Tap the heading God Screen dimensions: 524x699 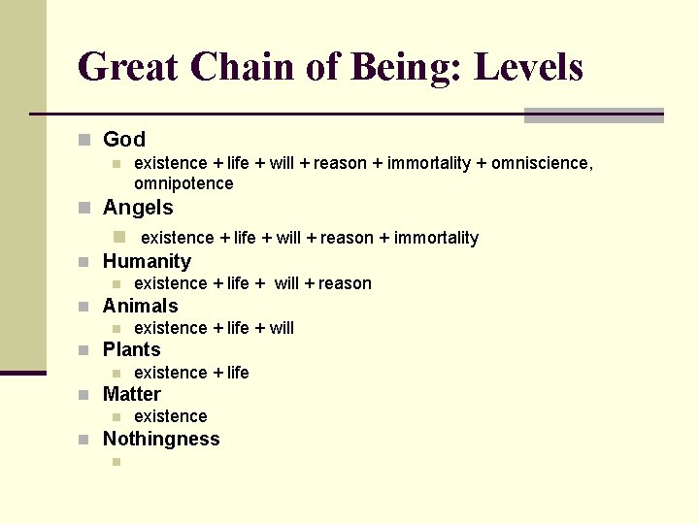[x=124, y=140]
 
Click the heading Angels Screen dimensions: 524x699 [x=138, y=208]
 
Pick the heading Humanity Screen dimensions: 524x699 [x=147, y=261]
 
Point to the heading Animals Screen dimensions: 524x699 [x=141, y=306]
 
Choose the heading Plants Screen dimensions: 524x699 [x=132, y=349]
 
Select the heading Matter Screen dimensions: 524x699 [x=132, y=394]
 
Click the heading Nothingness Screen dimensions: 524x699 [x=161, y=439]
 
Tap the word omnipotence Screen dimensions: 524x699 [x=183, y=183]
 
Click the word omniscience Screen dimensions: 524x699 [x=541, y=163]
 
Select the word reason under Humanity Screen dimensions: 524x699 [x=345, y=283]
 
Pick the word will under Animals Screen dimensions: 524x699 [x=282, y=328]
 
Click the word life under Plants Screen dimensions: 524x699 [x=238, y=373]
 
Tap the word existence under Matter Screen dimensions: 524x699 [x=171, y=416]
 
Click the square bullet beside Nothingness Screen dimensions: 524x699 [x=84, y=440]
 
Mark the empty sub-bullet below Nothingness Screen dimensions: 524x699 [x=116, y=461]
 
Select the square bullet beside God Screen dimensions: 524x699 [x=84, y=141]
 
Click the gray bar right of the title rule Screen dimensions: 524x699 [x=593, y=115]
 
